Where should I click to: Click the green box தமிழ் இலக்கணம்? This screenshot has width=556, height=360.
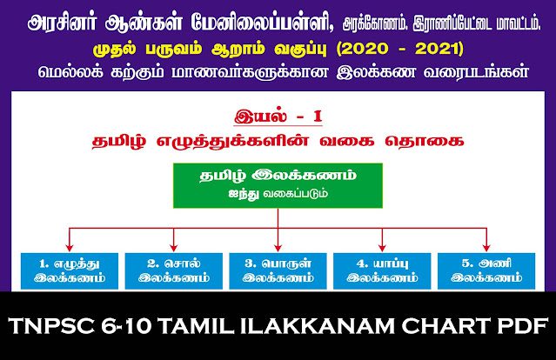[278, 185]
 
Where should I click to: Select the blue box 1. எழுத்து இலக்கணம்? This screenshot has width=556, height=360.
[70, 271]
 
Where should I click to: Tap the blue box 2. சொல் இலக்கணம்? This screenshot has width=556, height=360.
[174, 271]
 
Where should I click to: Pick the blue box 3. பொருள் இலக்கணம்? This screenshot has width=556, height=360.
[278, 271]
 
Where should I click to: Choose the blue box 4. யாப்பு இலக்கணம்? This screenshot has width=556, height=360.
[382, 271]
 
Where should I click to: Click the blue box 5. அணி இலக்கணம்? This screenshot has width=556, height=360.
[486, 271]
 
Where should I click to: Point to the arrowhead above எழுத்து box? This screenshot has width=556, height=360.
[70, 247]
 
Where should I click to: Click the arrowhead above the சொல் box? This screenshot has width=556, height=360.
[174, 247]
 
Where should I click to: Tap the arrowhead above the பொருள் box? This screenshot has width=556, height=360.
[278, 247]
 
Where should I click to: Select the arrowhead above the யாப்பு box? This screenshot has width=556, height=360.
[382, 247]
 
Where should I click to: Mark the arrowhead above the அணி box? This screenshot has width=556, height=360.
[486, 247]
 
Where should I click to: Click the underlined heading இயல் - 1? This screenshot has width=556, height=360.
[278, 117]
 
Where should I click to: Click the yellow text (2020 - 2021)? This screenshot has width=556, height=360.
[399, 49]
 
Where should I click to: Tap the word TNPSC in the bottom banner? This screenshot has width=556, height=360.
[51, 325]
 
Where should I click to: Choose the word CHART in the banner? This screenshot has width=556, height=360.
[446, 325]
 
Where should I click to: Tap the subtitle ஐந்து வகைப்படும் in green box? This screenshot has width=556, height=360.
[278, 194]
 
